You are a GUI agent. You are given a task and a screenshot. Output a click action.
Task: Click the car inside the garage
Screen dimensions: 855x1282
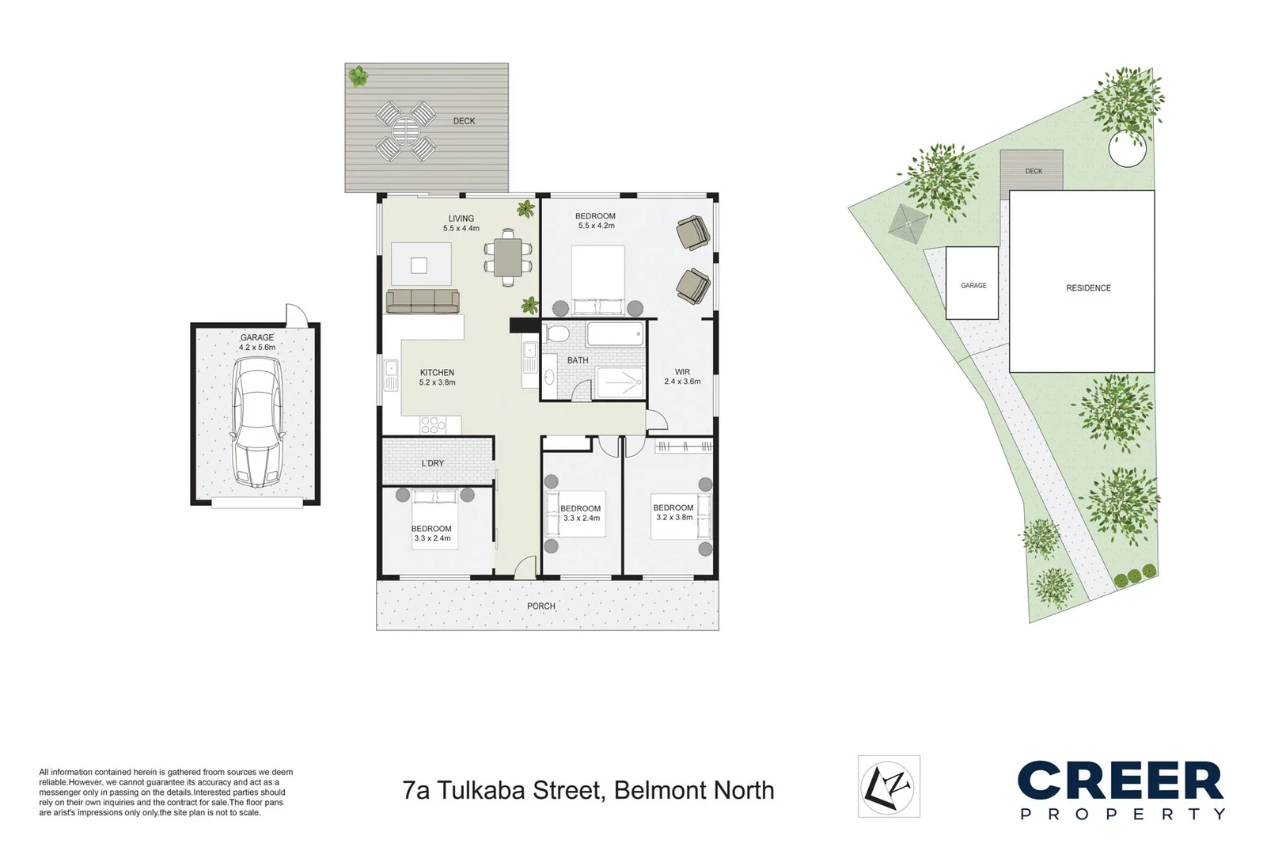[256, 422]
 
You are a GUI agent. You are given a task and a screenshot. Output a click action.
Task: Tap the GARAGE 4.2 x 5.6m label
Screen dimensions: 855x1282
[257, 342]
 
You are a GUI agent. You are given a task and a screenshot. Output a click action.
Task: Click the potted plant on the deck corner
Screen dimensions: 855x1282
[358, 77]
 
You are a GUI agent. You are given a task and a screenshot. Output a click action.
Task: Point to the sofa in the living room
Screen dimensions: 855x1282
[423, 301]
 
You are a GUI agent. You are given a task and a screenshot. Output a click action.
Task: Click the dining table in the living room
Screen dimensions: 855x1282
[508, 257]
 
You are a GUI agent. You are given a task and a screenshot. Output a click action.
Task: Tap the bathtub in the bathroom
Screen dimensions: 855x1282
[616, 334]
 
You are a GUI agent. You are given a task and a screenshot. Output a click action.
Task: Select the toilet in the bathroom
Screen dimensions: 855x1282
[558, 335]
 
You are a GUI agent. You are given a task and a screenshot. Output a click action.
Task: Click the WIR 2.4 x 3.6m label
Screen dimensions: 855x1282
[682, 376]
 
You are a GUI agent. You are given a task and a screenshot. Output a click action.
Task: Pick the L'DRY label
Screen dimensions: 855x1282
[432, 463]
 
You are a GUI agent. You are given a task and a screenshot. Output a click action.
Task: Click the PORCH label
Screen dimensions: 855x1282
[541, 606]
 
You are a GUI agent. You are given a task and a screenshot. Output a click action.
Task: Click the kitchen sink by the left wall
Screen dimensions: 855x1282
[390, 375]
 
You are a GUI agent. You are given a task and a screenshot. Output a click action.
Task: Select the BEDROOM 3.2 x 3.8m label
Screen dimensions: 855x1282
[673, 512]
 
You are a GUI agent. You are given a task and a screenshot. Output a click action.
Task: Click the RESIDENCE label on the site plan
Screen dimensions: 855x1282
[1088, 288]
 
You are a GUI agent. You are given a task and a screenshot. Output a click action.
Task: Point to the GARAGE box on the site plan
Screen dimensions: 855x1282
[973, 283]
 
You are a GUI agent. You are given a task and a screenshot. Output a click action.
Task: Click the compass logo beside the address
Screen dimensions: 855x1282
[889, 786]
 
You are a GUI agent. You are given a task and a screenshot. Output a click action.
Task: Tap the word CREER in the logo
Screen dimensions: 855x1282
[1120, 781]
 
